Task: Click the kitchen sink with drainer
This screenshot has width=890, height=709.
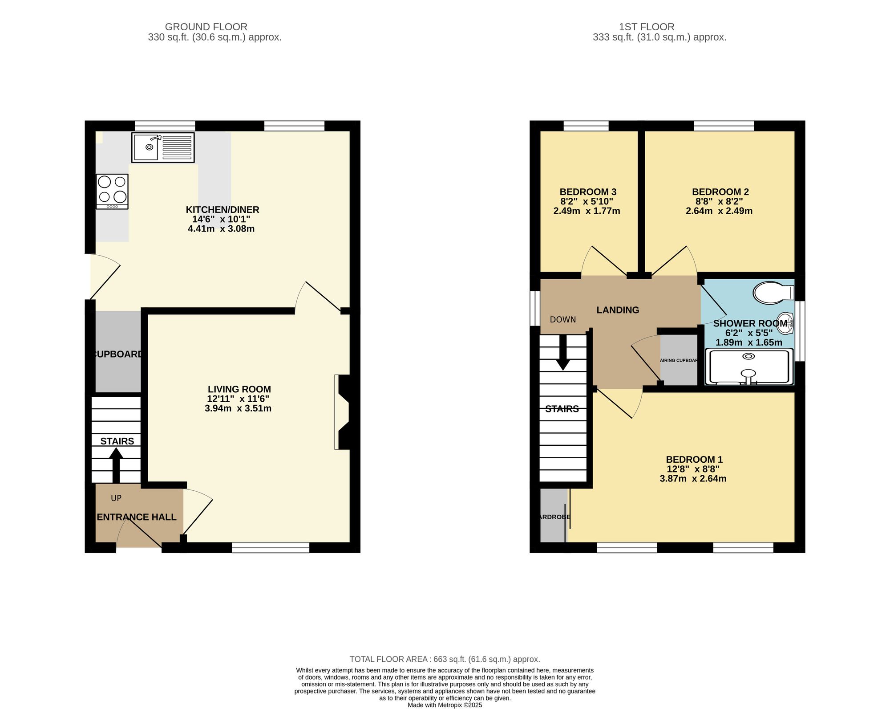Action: tap(163, 147)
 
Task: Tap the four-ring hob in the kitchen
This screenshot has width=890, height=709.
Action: tap(112, 191)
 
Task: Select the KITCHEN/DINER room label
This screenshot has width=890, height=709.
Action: tap(222, 210)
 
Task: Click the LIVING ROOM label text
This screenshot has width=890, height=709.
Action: tap(239, 389)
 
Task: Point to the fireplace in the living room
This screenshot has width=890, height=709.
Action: tap(343, 412)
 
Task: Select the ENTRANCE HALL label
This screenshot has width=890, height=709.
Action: tap(137, 517)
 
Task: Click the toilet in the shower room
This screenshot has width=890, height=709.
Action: tap(773, 293)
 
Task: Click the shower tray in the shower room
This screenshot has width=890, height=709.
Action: tap(749, 367)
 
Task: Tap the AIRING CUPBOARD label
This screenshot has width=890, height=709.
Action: tap(679, 360)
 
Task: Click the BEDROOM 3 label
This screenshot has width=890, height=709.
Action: tap(588, 192)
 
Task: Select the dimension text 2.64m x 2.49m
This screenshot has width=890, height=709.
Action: tap(719, 211)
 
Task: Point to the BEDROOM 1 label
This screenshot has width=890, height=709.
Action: tap(694, 460)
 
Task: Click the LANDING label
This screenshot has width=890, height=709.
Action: tap(618, 310)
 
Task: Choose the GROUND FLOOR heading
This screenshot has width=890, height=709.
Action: tap(206, 27)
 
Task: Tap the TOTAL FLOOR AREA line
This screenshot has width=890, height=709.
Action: tap(445, 659)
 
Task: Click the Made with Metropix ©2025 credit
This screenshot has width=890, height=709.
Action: tap(445, 705)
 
